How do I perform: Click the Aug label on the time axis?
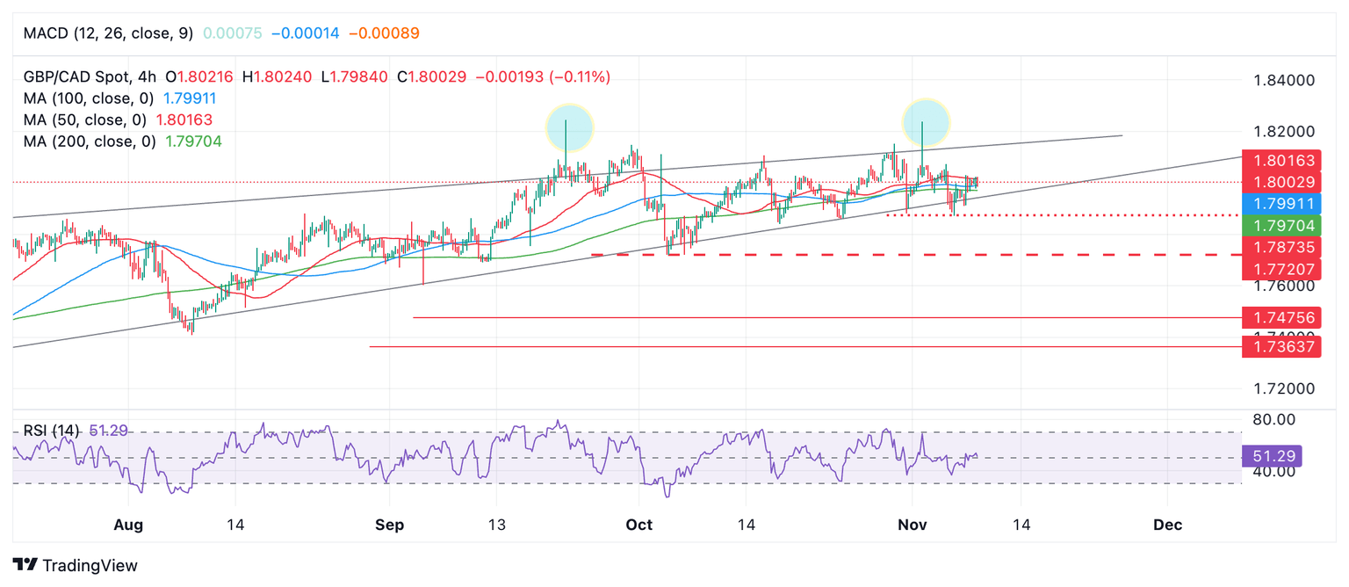point(128,525)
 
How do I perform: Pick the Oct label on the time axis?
point(639,525)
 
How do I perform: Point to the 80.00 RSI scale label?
point(1273,419)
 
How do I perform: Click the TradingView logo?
point(76,565)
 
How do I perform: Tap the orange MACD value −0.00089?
point(384,33)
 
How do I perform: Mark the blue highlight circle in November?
point(926,122)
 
